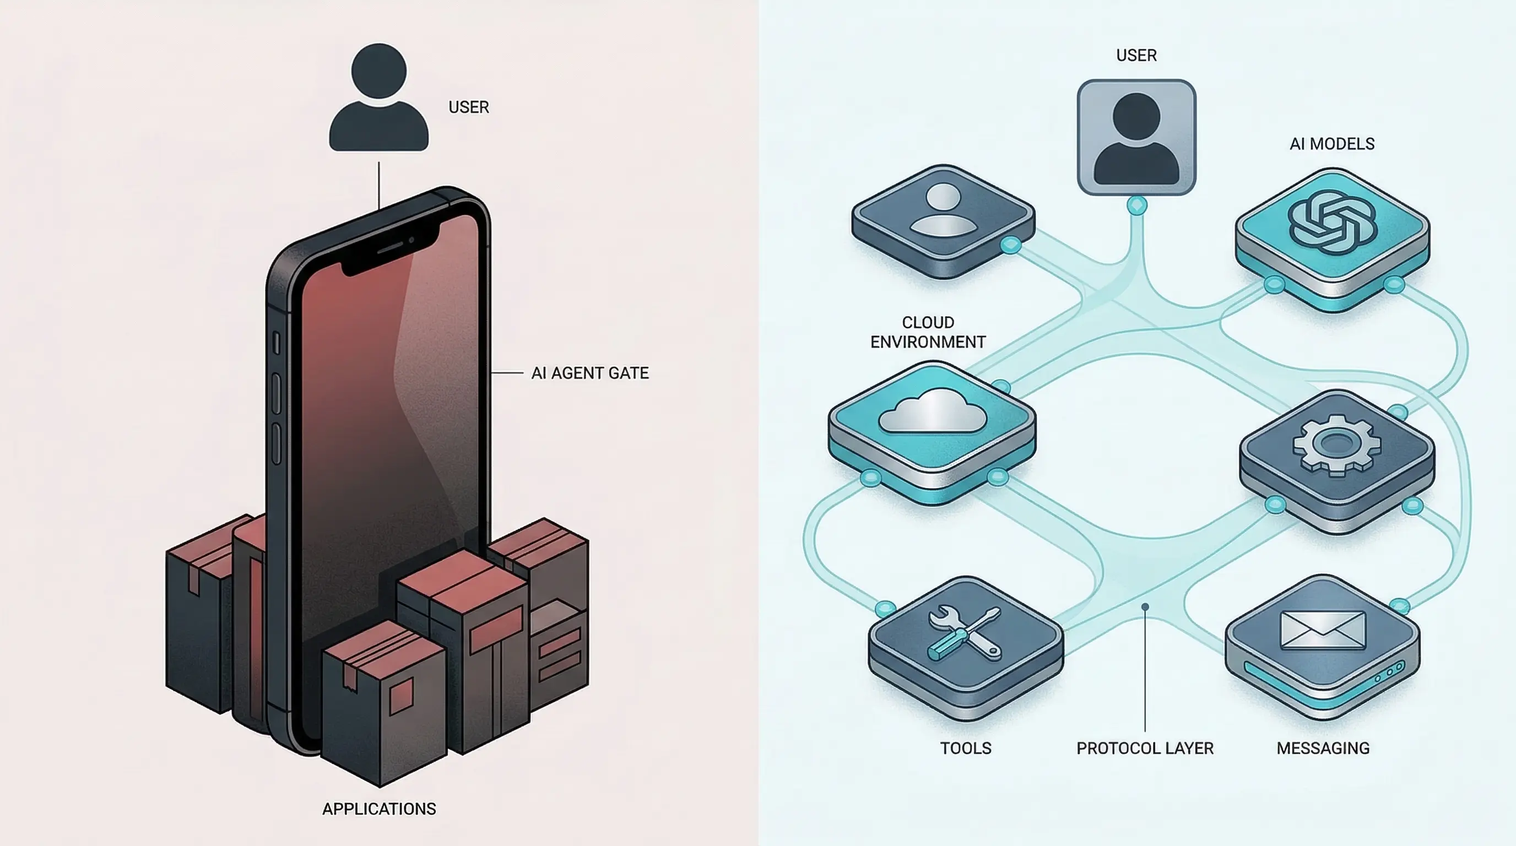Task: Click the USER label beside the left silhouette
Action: (468, 107)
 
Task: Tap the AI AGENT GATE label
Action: (589, 373)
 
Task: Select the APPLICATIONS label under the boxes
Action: (379, 809)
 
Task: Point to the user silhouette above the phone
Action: (378, 97)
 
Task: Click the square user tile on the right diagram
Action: (1136, 137)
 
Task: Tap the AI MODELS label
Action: (1332, 144)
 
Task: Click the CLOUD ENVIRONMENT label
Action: (928, 333)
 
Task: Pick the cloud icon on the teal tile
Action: (933, 411)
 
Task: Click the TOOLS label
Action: (966, 749)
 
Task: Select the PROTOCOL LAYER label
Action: (1145, 749)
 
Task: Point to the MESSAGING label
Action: (1323, 749)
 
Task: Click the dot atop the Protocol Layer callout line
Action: (1145, 606)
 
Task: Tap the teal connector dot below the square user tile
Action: (1137, 206)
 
